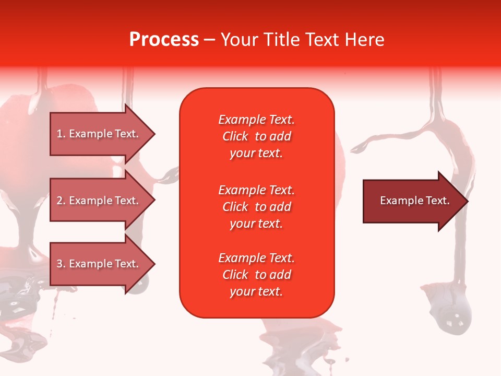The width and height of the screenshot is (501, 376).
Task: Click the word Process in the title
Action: click(164, 39)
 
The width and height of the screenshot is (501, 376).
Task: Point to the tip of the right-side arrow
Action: click(467, 201)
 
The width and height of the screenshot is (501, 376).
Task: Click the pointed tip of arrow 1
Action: click(153, 134)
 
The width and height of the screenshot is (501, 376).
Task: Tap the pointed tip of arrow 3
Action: click(153, 264)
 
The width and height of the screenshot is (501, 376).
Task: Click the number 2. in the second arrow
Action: click(61, 201)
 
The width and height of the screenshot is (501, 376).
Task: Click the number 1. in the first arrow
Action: click(61, 134)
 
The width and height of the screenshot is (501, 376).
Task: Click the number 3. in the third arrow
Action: click(61, 264)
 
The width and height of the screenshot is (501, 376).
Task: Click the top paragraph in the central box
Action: click(257, 136)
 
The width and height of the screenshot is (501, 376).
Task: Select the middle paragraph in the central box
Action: click(257, 207)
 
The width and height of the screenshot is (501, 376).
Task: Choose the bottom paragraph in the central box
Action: click(257, 275)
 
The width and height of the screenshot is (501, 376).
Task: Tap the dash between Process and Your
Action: click(210, 40)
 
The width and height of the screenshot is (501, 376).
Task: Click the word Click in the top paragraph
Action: click(235, 136)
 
